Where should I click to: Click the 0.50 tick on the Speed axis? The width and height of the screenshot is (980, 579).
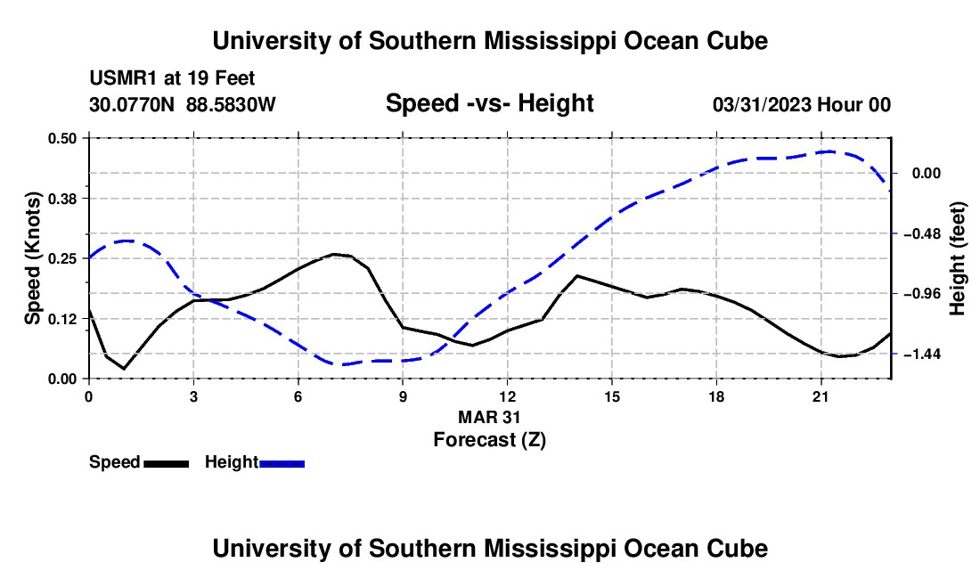pos(61,138)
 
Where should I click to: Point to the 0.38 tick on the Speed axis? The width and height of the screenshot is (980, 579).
pos(61,199)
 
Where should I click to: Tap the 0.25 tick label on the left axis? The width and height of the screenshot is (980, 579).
pos(61,258)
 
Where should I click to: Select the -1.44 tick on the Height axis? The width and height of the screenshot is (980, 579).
pos(926,355)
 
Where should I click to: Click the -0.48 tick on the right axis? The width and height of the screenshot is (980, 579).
pos(926,233)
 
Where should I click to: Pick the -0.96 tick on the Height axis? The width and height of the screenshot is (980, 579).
pos(926,294)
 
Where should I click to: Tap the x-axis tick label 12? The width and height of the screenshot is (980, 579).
pos(508,396)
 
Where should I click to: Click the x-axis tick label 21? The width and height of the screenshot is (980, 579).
pos(821,396)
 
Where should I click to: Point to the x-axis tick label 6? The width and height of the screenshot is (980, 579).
pos(298,396)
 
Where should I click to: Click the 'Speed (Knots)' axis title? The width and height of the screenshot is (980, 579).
pos(33,258)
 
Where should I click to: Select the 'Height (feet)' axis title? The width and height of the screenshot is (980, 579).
pos(958,258)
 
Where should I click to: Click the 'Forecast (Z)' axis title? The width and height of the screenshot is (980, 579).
pos(489,440)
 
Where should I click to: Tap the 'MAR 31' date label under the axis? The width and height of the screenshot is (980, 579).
pos(489,417)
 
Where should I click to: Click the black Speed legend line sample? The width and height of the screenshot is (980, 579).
pos(167,464)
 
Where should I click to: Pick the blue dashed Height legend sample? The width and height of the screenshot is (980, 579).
pos(282,464)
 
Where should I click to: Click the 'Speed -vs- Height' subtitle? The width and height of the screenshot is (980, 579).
pos(489,103)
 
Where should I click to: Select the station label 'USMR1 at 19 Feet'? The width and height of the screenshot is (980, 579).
pos(172,78)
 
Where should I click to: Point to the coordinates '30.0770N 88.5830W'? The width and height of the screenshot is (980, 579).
pos(183,104)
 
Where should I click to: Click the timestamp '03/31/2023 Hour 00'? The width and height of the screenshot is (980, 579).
pos(802,104)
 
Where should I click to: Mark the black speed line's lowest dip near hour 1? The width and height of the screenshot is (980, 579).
pos(124,369)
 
